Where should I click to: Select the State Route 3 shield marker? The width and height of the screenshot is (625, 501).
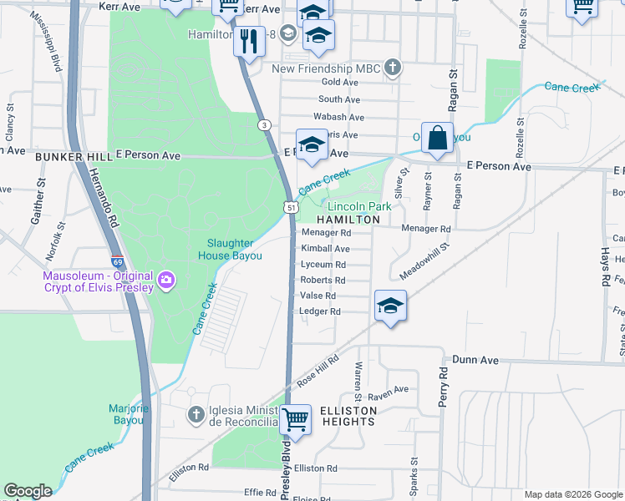click(x=264, y=125)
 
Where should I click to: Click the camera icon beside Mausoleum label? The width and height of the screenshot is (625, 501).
click(x=166, y=278)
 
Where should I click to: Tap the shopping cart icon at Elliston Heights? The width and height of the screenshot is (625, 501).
click(x=295, y=419)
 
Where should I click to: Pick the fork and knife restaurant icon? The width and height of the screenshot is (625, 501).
click(x=247, y=41)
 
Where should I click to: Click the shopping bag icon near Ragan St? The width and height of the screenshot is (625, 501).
click(x=438, y=138)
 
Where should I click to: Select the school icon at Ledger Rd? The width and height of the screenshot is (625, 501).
click(x=390, y=305)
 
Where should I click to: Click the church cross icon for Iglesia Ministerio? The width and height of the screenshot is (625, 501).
click(x=195, y=414)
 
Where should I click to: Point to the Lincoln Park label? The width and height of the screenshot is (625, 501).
click(x=359, y=206)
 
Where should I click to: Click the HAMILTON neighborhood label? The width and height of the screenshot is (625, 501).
click(x=348, y=219)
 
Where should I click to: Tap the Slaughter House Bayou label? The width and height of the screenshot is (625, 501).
click(x=236, y=250)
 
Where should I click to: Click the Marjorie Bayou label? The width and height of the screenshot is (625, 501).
click(x=126, y=414)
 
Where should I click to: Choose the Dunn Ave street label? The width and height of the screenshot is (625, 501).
click(x=475, y=360)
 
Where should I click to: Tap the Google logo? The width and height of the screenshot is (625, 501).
click(x=28, y=491)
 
